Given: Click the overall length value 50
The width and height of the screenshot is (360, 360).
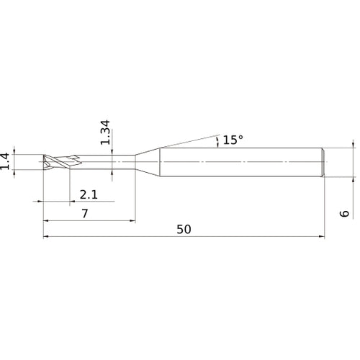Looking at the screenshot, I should pos(183,229).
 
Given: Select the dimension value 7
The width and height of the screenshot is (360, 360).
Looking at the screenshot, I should pos(85,214).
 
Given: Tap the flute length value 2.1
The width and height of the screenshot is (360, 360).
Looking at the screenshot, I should pos(89,194).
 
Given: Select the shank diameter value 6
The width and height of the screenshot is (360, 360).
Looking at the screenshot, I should pos(345,213).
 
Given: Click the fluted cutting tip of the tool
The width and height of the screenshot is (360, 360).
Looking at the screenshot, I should pos(56,161).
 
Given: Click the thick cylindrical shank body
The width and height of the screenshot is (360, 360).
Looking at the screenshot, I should pos(238,161).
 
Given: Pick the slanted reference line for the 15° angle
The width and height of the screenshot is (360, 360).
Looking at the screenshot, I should pos(187,140).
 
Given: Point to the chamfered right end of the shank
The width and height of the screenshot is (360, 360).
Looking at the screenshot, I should pos(323,161).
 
